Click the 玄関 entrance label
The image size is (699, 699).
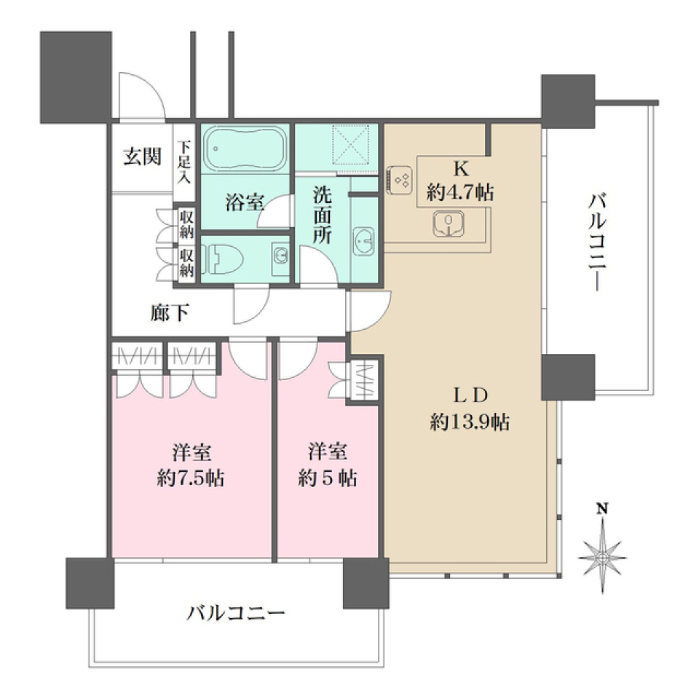[142, 157]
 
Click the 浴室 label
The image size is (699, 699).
[244, 204]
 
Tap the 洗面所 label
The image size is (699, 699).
[323, 216]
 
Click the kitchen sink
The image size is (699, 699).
[449, 223]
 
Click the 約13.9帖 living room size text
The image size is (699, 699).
[469, 422]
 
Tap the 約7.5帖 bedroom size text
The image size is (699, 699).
[192, 478]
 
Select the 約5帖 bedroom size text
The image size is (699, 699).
[326, 478]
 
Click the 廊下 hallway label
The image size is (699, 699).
[170, 313]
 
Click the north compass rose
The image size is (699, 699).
[602, 556]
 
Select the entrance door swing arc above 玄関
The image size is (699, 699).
[140, 95]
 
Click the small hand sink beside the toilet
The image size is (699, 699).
[280, 254]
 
